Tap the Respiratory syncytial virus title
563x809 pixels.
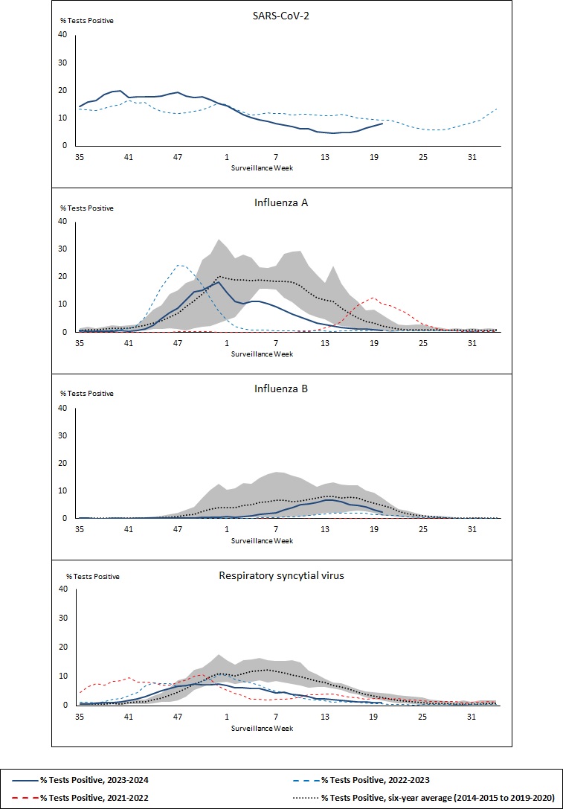click(287, 575)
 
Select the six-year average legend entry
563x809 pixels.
click(438, 797)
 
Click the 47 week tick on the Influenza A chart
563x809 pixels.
click(178, 344)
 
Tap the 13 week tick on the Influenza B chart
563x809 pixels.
click(325, 530)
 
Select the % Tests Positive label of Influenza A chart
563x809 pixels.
click(87, 208)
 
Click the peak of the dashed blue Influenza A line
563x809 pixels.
click(178, 265)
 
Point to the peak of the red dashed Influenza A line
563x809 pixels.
click(374, 298)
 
